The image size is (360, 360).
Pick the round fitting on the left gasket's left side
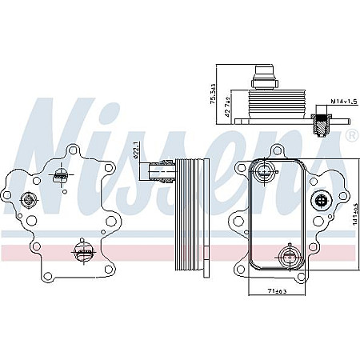30,200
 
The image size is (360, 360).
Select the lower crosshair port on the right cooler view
288,257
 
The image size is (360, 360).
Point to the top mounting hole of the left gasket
73,149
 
